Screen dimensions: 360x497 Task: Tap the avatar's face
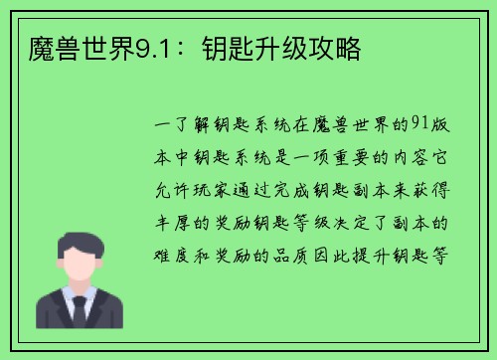click(80, 264)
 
